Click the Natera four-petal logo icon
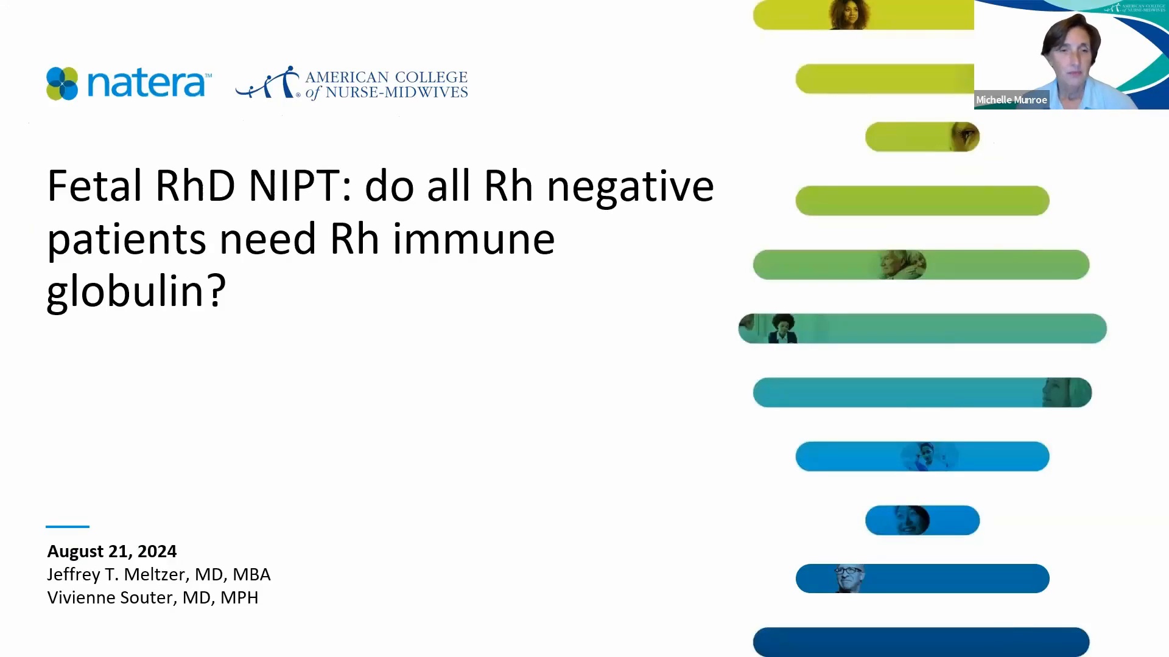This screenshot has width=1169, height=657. pyautogui.click(x=62, y=83)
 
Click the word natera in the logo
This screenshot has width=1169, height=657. pyautogui.click(x=147, y=83)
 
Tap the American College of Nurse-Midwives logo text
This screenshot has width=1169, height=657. pyautogui.click(x=385, y=85)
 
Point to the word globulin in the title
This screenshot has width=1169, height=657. pyautogui.click(x=136, y=291)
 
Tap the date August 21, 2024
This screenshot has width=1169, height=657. pyautogui.click(x=112, y=551)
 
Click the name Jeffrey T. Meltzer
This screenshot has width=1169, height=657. pyautogui.click(x=116, y=574)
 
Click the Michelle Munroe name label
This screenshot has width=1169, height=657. pyautogui.click(x=1011, y=100)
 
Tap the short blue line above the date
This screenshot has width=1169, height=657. pyautogui.click(x=68, y=526)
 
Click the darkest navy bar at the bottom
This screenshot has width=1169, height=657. pyautogui.click(x=921, y=642)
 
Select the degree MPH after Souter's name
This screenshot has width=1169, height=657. pyautogui.click(x=239, y=597)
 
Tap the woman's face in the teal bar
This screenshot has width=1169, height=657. pyautogui.click(x=1065, y=392)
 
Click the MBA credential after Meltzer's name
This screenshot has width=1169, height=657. pyautogui.click(x=251, y=574)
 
